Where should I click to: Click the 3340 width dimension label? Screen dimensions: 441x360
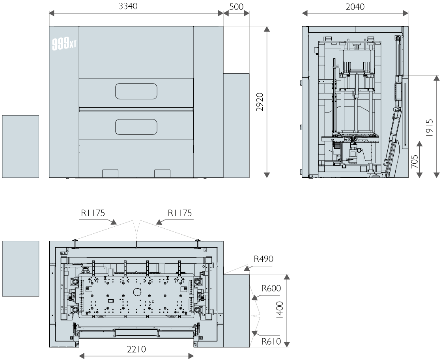[128, 6]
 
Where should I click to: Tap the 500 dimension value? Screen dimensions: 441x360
[236, 7]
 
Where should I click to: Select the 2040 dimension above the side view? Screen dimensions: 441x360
[355, 7]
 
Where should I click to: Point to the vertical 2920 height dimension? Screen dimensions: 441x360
[260, 102]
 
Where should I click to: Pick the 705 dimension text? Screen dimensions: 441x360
[415, 162]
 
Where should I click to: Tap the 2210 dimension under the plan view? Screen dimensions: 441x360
[136, 349]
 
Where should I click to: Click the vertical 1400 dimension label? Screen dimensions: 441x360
[280, 310]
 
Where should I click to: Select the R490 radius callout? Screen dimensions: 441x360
[263, 259]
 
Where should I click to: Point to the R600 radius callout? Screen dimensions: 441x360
[271, 288]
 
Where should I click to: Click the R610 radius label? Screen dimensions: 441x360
[271, 341]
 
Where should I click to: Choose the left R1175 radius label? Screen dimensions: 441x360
[93, 213]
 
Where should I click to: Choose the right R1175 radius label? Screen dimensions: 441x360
[180, 213]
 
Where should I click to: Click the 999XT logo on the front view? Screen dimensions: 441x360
[64, 44]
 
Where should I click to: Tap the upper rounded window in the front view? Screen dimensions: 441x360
[136, 91]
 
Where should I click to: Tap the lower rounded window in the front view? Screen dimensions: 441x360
[136, 127]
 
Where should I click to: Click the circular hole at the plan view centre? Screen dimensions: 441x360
[137, 292]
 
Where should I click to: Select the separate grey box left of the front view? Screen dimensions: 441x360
[21, 146]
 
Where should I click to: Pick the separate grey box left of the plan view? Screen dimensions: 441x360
[21, 269]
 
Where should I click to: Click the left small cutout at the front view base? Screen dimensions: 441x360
[110, 173]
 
